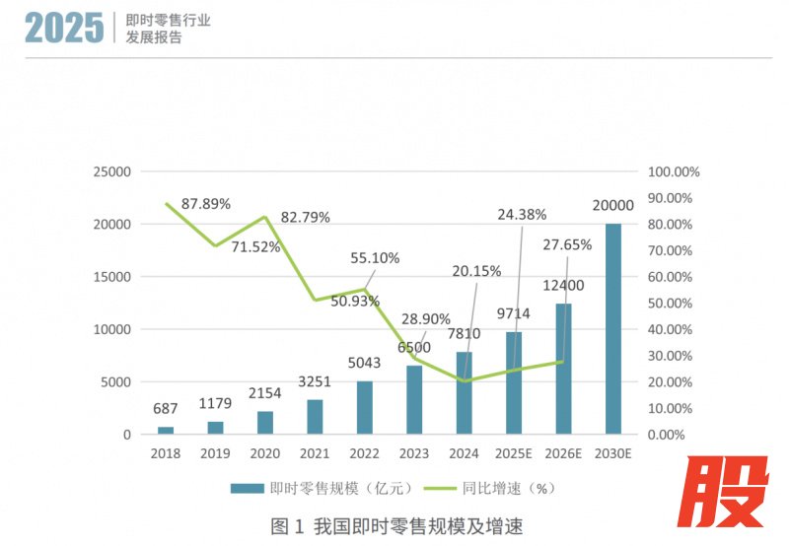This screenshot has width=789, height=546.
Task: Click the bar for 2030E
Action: point(613,328)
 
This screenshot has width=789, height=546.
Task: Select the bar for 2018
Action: point(166,430)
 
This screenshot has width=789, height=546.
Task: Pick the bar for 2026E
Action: point(563,369)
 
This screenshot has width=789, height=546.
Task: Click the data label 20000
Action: point(612,206)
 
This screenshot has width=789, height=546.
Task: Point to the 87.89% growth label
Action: point(206,204)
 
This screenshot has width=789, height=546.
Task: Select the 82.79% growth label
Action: point(305,217)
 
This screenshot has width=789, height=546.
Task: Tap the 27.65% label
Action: point(567,244)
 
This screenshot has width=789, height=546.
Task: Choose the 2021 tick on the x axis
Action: point(315,454)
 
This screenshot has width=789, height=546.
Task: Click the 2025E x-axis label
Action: point(514,454)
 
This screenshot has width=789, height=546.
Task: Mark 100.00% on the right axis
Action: point(674,171)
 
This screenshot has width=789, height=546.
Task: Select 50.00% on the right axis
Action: point(674,303)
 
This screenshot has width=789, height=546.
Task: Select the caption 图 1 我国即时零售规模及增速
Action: point(392,525)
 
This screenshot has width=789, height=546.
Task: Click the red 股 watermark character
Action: point(729,494)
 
